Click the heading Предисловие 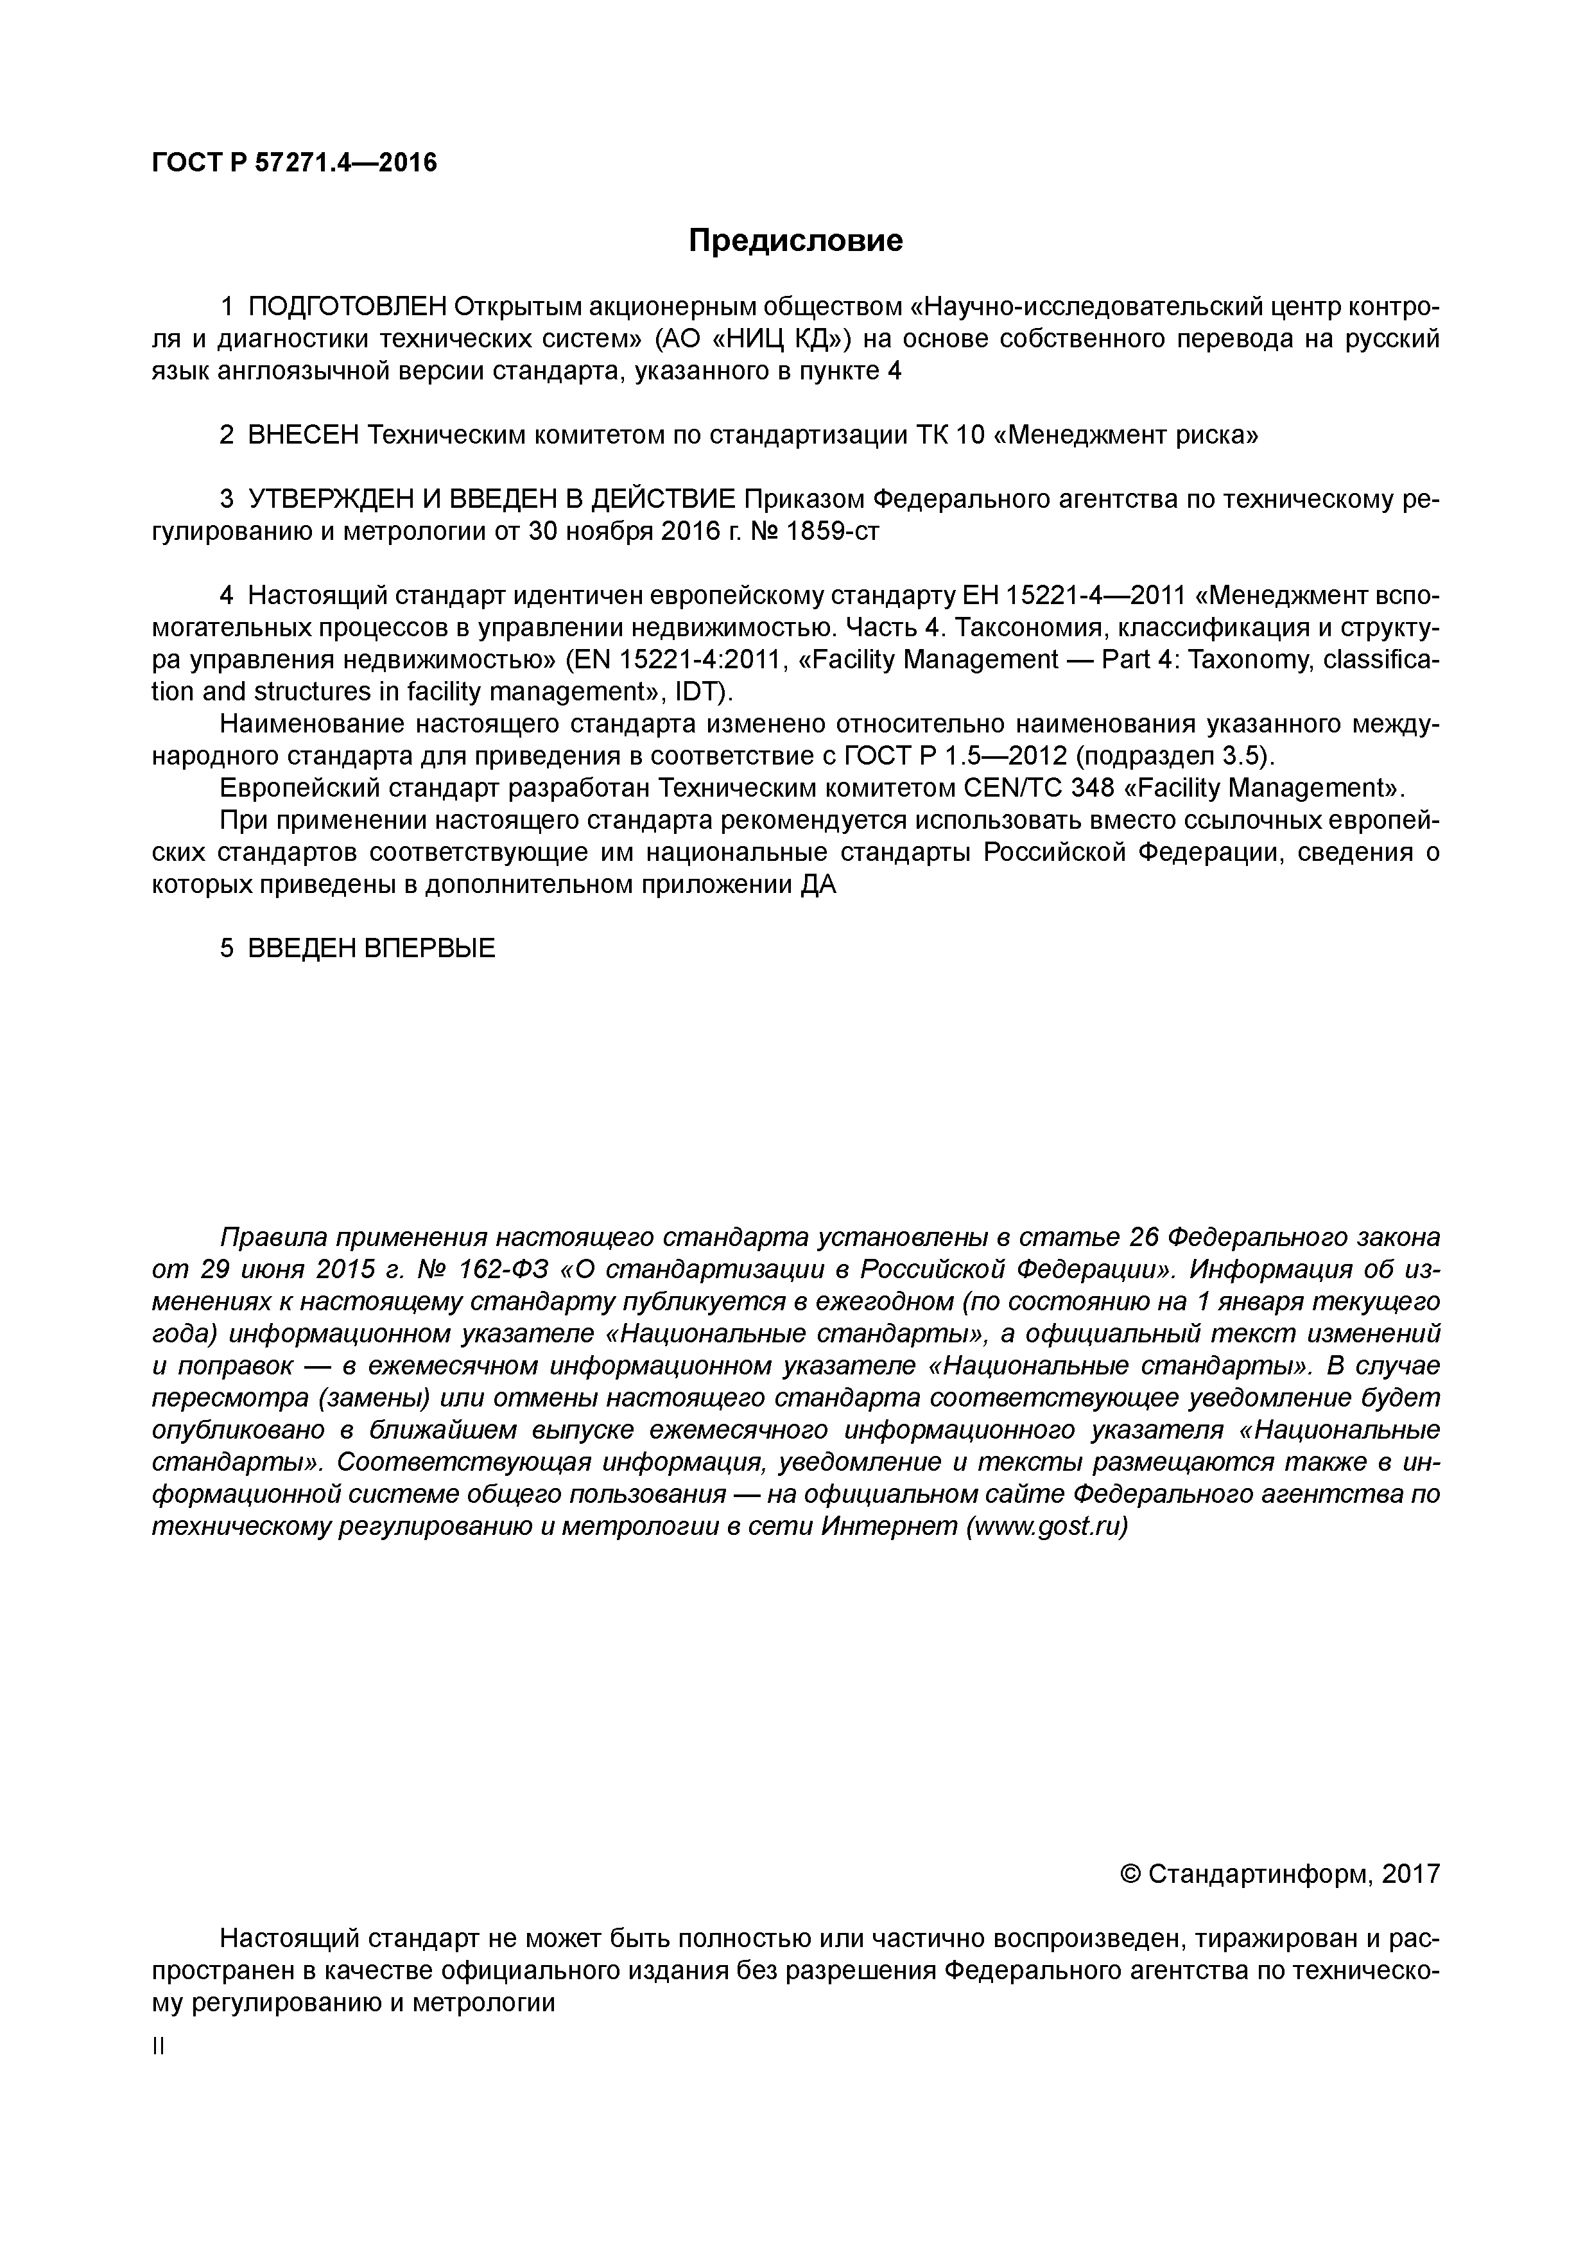(795, 240)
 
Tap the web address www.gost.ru (1046, 1527)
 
